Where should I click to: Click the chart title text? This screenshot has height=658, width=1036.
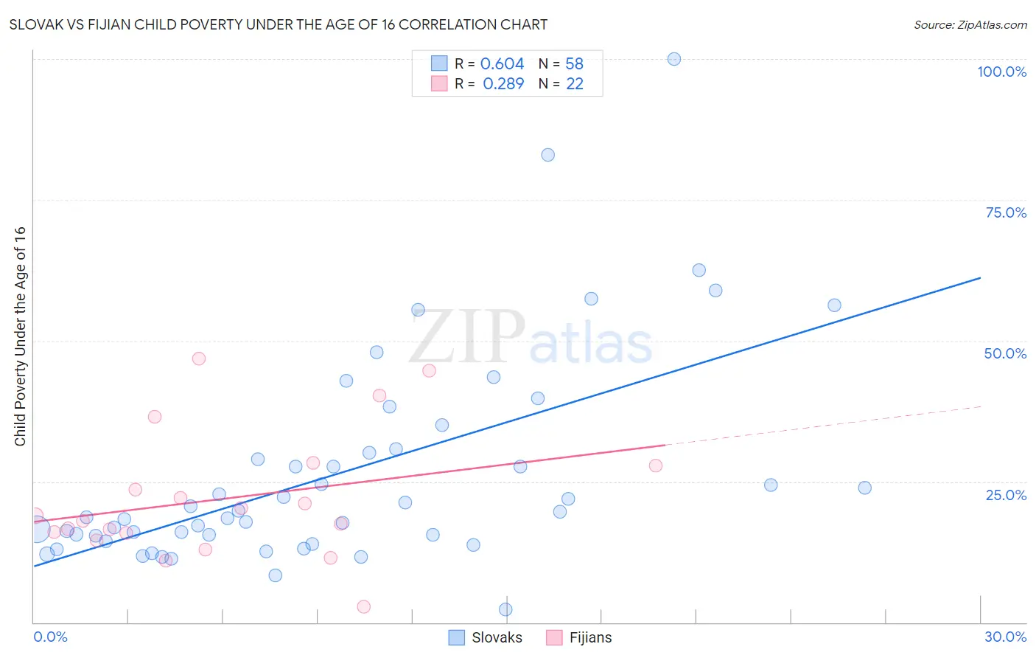(278, 24)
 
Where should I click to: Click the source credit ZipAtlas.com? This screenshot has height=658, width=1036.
(970, 24)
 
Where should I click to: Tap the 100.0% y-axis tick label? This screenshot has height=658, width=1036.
(1001, 72)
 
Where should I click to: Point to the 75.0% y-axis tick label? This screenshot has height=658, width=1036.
(1006, 212)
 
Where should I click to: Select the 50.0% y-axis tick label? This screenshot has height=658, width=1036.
(1005, 353)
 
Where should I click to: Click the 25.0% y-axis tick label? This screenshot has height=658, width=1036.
(1006, 494)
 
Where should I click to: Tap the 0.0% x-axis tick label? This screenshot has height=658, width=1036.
(50, 637)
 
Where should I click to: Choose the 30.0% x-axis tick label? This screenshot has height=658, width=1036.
(1005, 637)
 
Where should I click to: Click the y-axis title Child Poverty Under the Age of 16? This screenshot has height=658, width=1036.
(20, 336)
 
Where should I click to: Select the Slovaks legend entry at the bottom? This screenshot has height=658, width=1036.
(486, 637)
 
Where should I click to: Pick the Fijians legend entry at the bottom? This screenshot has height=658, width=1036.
(580, 637)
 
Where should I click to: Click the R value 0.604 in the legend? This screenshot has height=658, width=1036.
(502, 64)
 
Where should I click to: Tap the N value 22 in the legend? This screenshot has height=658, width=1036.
(574, 84)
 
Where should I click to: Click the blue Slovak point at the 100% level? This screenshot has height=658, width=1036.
(673, 59)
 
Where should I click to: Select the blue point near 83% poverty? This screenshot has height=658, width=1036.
(547, 155)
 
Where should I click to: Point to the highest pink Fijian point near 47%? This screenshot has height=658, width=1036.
(198, 359)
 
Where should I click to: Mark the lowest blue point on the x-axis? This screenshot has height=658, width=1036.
(505, 609)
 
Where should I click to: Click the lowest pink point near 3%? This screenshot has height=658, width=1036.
(363, 606)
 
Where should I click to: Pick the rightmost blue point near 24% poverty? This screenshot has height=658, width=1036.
(864, 488)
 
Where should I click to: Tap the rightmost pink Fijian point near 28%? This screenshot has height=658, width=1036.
(655, 465)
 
